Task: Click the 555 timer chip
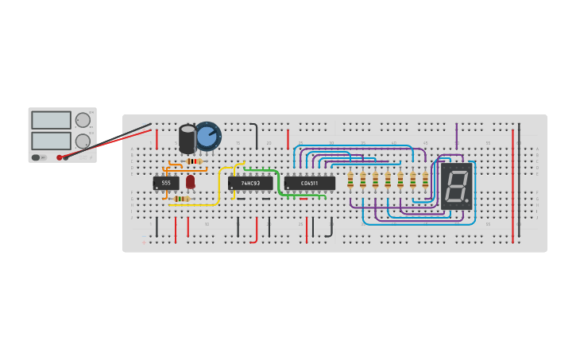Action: point(166,183)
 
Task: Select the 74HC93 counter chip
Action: point(250,183)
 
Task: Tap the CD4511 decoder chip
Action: point(309,183)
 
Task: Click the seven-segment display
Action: point(456,186)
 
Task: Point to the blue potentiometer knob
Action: point(207,136)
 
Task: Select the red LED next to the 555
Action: point(191,182)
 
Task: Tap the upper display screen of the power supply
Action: point(51,120)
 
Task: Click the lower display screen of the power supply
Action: point(51,141)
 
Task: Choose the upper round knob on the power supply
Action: point(83,120)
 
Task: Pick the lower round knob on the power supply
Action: point(83,141)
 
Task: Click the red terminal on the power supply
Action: point(60,157)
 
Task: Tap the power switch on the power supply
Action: point(37,157)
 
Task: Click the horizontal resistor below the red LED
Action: point(182,199)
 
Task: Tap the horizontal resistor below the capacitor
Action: point(192,161)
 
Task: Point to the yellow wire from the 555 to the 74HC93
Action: point(218,187)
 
